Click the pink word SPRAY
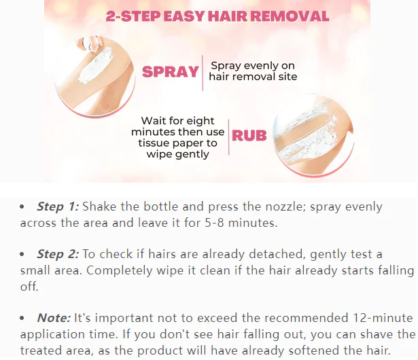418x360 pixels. [170, 72]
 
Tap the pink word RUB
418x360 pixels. [249, 134]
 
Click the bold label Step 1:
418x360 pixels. [58, 206]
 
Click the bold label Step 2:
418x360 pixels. [58, 254]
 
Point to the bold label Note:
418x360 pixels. [54, 317]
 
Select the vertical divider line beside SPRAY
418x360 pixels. [203, 72]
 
